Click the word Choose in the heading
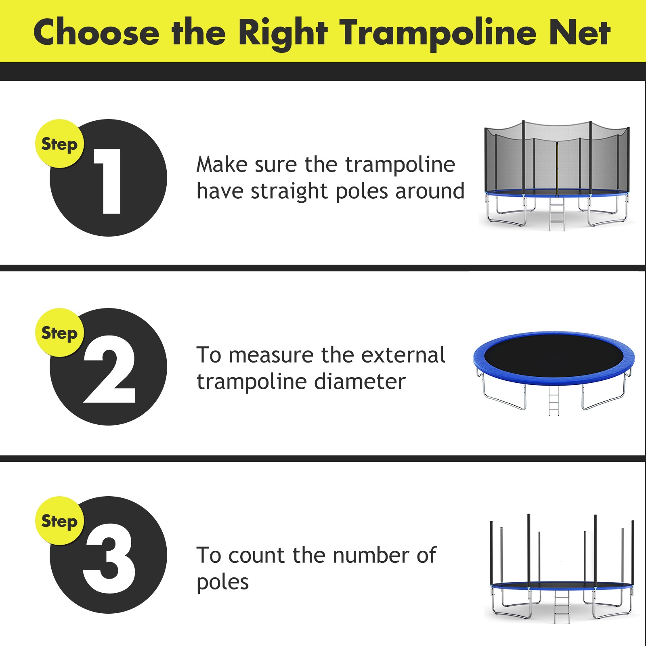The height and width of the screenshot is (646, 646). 96,32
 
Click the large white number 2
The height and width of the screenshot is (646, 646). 109,369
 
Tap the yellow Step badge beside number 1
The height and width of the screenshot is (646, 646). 59,144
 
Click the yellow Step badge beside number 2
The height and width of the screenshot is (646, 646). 59,333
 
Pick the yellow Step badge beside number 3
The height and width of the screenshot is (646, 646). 59,521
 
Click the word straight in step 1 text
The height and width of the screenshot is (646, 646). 289,191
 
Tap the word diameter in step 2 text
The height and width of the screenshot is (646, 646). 360,382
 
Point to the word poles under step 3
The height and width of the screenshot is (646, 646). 222,582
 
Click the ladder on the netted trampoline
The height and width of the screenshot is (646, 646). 557,214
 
